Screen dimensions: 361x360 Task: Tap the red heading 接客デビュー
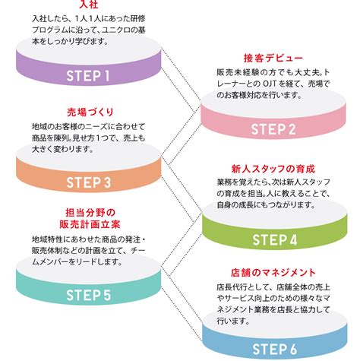273,59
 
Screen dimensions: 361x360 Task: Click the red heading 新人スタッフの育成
273,169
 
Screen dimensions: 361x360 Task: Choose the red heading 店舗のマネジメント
273,272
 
